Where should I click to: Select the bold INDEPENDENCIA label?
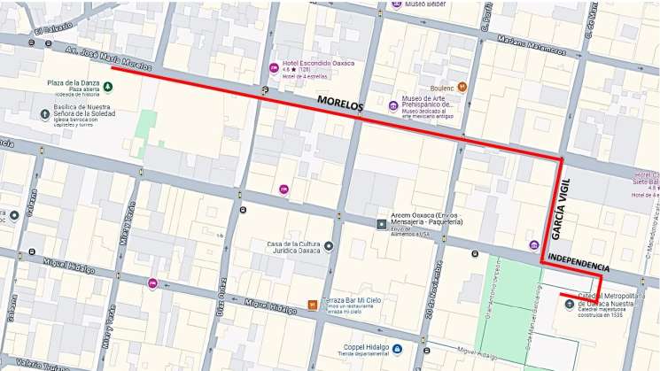pyautogui.click(x=578, y=262)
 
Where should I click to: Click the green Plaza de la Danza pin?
pyautogui.click(x=108, y=87)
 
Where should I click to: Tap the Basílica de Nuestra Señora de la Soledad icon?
pyautogui.click(x=45, y=115)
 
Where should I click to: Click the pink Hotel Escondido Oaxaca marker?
pyautogui.click(x=274, y=68)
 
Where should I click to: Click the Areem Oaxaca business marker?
pyautogui.click(x=382, y=224)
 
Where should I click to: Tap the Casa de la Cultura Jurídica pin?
pyautogui.click(x=329, y=246)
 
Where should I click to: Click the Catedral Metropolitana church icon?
pyautogui.click(x=569, y=304)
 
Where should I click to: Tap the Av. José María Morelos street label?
pyautogui.click(x=107, y=58)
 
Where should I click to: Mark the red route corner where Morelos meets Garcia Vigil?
pyautogui.click(x=561, y=159)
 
